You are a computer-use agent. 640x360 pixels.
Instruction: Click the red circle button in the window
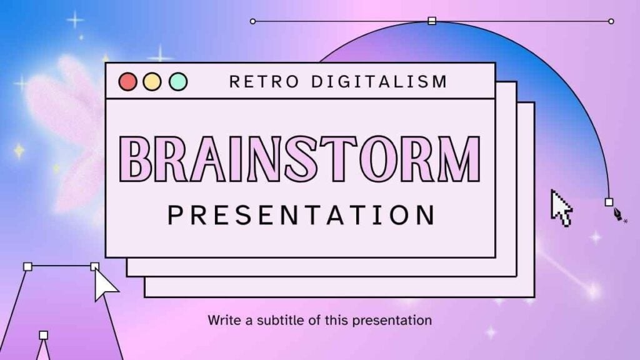127,82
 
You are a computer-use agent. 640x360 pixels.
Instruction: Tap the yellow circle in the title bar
152,82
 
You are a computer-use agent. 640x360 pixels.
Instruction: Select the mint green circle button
178,82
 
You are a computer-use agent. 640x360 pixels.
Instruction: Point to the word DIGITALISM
379,82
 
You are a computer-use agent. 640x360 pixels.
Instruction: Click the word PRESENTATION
302,215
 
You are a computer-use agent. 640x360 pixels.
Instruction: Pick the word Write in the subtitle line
224,320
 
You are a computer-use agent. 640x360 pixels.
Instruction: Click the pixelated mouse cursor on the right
561,208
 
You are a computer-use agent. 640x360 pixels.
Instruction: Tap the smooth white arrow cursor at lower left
105,284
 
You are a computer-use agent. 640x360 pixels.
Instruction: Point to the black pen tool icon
618,214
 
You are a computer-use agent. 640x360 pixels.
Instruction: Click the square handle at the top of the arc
432,21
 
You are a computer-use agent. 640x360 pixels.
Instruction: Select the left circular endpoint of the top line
253,21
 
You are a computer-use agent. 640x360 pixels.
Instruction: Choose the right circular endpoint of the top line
611,21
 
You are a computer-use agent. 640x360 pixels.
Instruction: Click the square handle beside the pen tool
609,202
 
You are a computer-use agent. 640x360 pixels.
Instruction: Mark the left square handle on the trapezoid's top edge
27,266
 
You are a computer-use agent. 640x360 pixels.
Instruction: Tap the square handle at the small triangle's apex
44,335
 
